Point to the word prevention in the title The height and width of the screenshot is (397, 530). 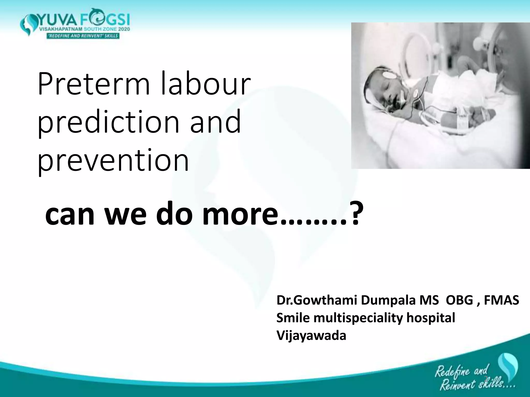tap(113, 161)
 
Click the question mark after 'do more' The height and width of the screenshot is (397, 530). tap(352, 214)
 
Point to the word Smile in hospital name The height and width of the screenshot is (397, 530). tap(293, 318)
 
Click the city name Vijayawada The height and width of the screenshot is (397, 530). tap(311, 335)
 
